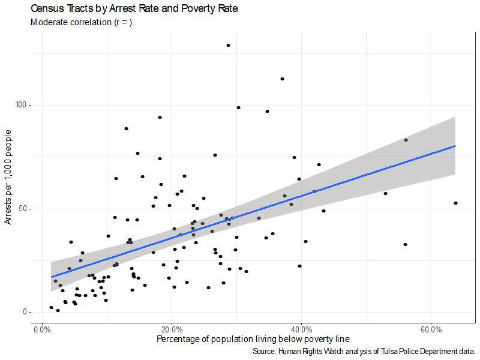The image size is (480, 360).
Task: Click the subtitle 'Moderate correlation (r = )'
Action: (x=80, y=23)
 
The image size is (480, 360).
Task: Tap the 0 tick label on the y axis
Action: (x=26, y=312)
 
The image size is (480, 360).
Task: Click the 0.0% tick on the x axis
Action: (x=42, y=330)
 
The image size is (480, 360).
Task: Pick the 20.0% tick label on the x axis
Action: (x=172, y=330)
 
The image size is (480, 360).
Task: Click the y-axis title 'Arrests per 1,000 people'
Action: (x=8, y=179)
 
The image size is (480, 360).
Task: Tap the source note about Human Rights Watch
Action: (x=364, y=351)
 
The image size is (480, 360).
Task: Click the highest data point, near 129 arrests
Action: (x=228, y=45)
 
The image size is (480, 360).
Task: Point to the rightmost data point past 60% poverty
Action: (x=456, y=203)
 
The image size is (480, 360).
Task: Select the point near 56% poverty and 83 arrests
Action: (x=406, y=140)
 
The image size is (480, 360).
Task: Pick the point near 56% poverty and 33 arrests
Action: (x=405, y=244)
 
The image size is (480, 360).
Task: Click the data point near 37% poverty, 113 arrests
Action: (x=282, y=79)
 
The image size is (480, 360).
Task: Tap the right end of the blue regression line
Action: (x=455, y=146)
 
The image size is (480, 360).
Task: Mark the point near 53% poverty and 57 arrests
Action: (x=385, y=193)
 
